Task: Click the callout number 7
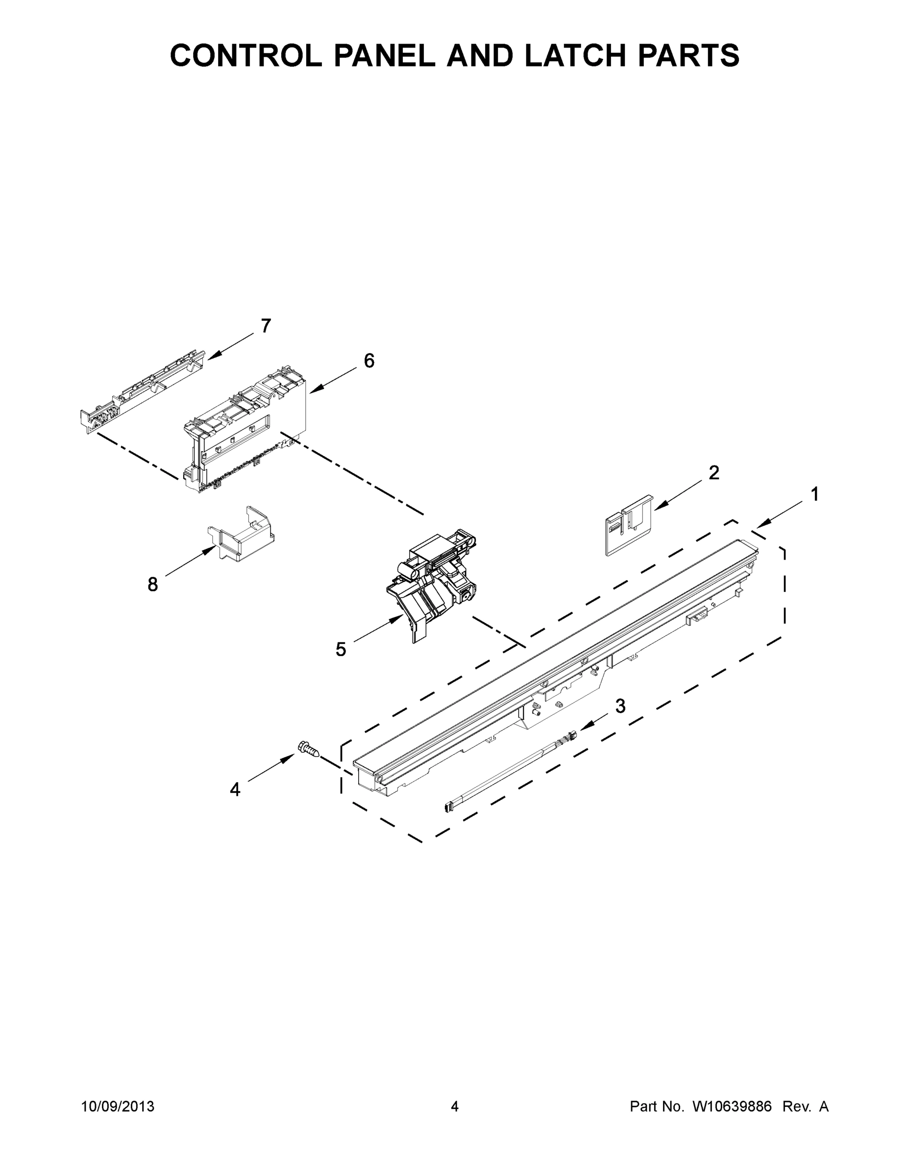tap(266, 326)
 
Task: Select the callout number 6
tap(369, 361)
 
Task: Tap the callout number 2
tap(713, 473)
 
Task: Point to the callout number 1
tap(815, 494)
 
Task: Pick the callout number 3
tap(620, 706)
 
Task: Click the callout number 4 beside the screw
tap(235, 790)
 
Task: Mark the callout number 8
tap(153, 584)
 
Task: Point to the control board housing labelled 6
tap(245, 431)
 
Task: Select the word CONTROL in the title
tap(246, 55)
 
